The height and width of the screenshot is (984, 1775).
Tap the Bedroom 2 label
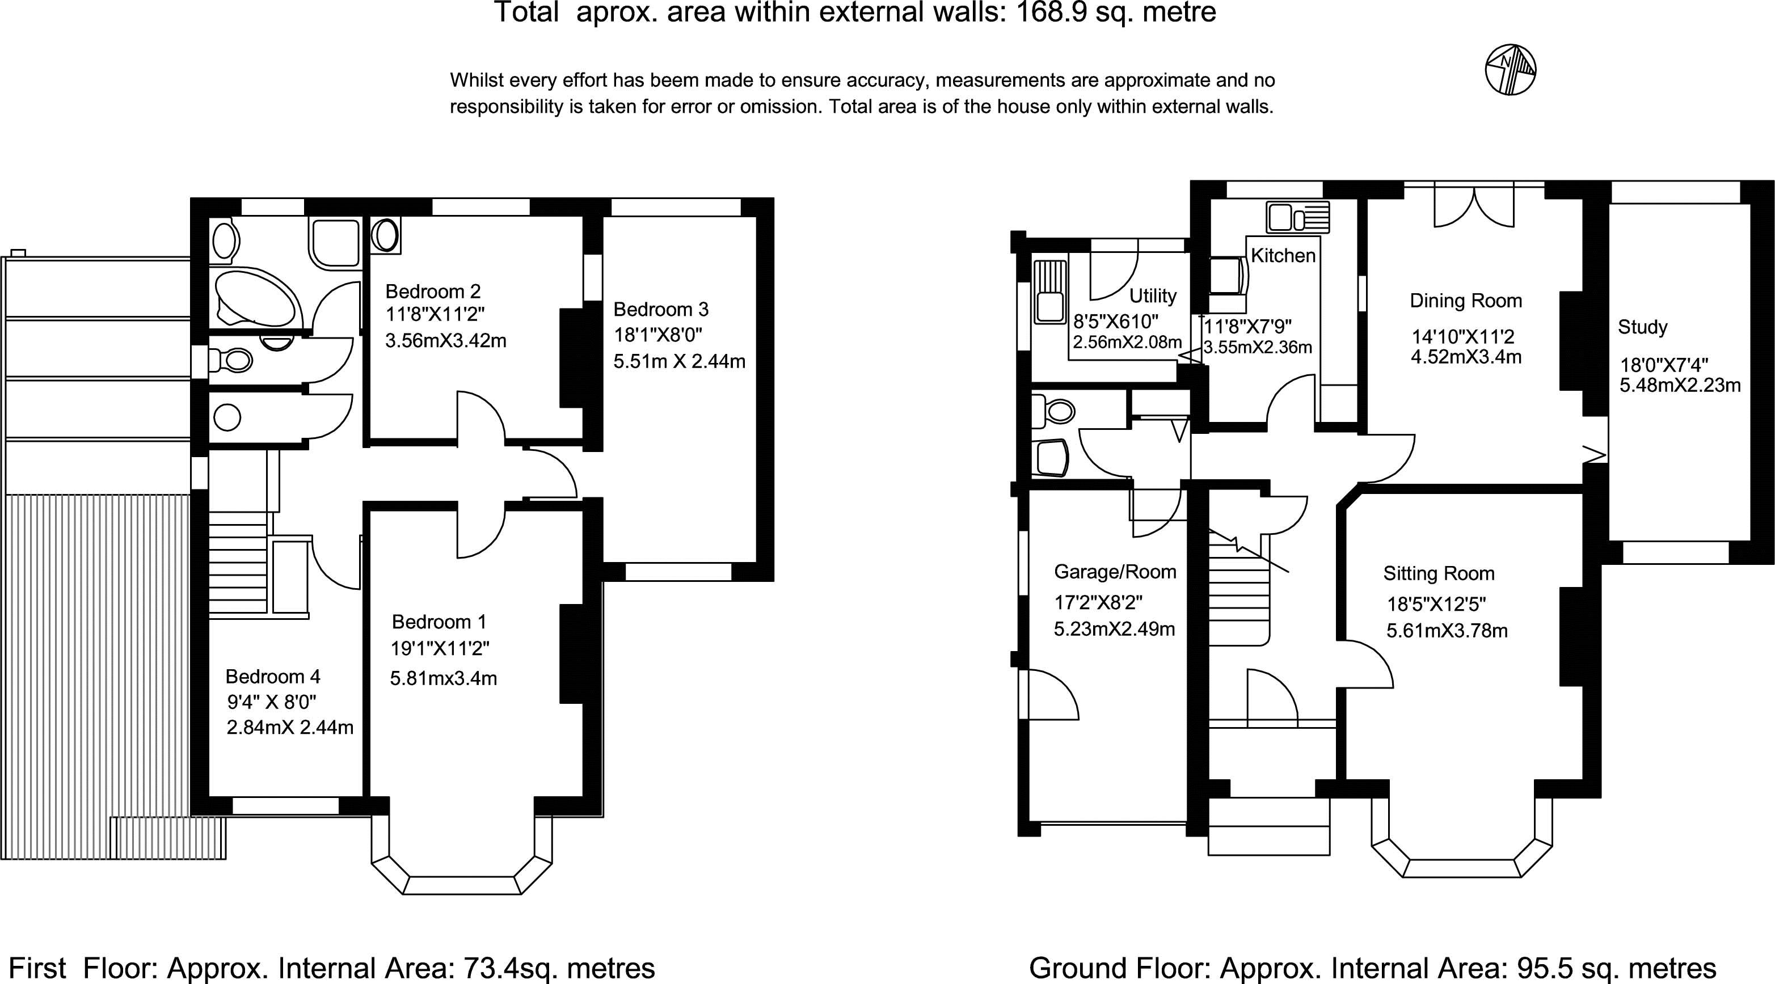tap(433, 292)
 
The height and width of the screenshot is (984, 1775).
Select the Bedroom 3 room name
tap(661, 310)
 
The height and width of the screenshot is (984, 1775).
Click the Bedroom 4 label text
tap(273, 677)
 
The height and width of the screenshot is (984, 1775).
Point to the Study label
tap(1642, 327)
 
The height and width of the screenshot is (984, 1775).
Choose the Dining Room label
tap(1466, 301)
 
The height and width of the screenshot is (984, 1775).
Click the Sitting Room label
tap(1439, 573)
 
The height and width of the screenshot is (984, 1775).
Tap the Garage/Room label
tap(1115, 572)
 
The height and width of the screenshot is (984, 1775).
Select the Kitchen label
tap(1283, 256)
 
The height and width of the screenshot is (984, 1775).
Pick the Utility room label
tap(1153, 296)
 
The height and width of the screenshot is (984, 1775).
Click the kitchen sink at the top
tap(1297, 218)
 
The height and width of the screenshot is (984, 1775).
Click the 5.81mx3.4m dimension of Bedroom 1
tap(443, 679)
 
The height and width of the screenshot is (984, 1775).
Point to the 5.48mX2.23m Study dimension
tap(1680, 385)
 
